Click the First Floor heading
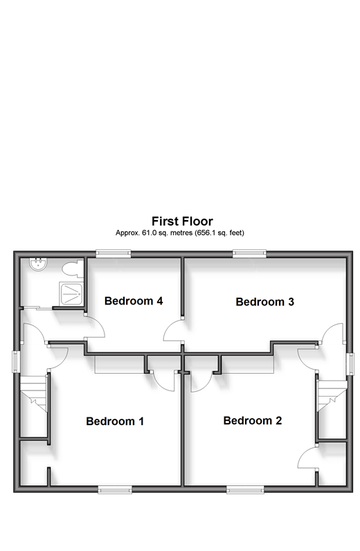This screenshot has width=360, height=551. [x=182, y=221]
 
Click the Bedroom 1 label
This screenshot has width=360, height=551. [x=115, y=421]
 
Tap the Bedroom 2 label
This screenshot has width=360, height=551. [x=253, y=420]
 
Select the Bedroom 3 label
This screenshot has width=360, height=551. [x=264, y=302]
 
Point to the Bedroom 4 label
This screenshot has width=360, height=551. [x=134, y=301]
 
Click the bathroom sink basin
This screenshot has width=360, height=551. [x=37, y=264]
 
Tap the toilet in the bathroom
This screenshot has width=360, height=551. [x=73, y=269]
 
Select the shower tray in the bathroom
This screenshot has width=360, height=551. [x=71, y=293]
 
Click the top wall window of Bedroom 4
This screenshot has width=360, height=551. [x=114, y=253]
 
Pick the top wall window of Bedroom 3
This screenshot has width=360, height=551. [x=249, y=253]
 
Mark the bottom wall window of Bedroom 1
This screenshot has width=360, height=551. [x=115, y=489]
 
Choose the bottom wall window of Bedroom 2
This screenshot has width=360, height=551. [x=245, y=489]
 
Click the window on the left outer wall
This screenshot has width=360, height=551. [x=15, y=361]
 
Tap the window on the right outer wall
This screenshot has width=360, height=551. [x=350, y=364]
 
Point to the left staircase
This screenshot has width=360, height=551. [x=33, y=394]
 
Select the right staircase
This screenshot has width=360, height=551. [x=332, y=396]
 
